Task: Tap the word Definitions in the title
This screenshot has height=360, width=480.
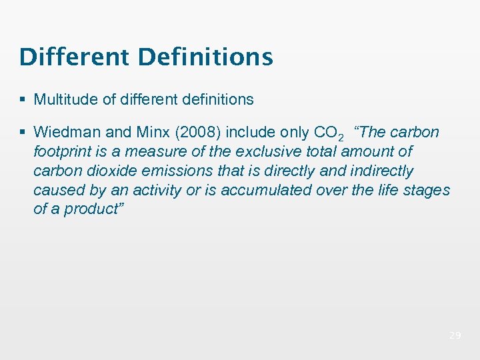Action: point(205,57)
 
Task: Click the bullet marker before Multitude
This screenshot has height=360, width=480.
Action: point(23,100)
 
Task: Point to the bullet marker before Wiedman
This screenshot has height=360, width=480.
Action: point(23,132)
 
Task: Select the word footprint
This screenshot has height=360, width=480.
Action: point(63,151)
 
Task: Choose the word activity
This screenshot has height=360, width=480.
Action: point(157,190)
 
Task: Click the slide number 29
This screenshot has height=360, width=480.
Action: point(455,335)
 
